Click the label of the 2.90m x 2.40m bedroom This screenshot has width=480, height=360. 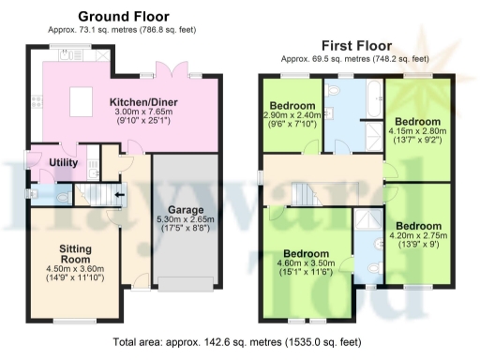pyautogui.click(x=292, y=105)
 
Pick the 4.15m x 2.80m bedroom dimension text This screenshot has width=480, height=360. pyautogui.click(x=417, y=132)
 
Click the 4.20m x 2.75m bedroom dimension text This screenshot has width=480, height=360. pyautogui.click(x=417, y=236)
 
